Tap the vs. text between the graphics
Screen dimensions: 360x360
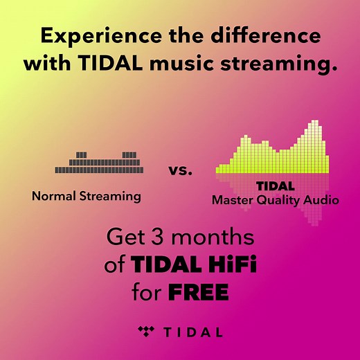[x=181, y=169]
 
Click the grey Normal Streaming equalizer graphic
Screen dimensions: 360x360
[x=100, y=163]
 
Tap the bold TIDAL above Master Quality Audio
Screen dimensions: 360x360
[x=276, y=186]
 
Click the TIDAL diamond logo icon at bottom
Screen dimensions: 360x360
[x=146, y=331]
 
